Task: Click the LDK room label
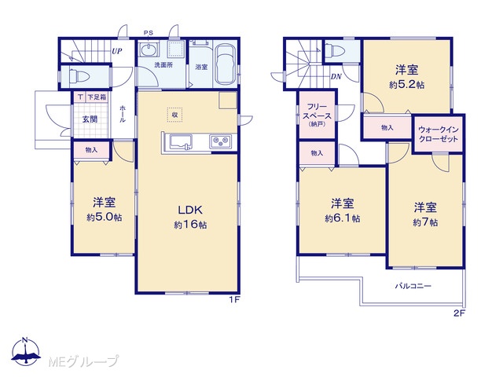pyautogui.click(x=190, y=210)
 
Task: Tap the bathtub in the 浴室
pyautogui.click(x=226, y=64)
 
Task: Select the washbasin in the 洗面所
pyautogui.click(x=149, y=50)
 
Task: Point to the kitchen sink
pyautogui.click(x=181, y=141)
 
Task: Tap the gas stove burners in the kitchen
pyautogui.click(x=220, y=141)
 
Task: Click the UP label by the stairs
pyautogui.click(x=117, y=51)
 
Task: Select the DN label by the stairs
pyautogui.click(x=336, y=77)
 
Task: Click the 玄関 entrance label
pyautogui.click(x=90, y=119)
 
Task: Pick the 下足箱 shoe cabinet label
pyautogui.click(x=97, y=97)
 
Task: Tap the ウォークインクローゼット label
pyautogui.click(x=439, y=134)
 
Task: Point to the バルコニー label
pyautogui.click(x=413, y=286)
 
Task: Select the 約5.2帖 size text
pyautogui.click(x=407, y=85)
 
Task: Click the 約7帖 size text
pyautogui.click(x=425, y=222)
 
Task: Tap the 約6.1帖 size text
pyautogui.click(x=343, y=218)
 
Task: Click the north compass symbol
pyautogui.click(x=26, y=351)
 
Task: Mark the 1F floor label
pyautogui.click(x=234, y=300)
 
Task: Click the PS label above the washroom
pyautogui.click(x=149, y=33)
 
